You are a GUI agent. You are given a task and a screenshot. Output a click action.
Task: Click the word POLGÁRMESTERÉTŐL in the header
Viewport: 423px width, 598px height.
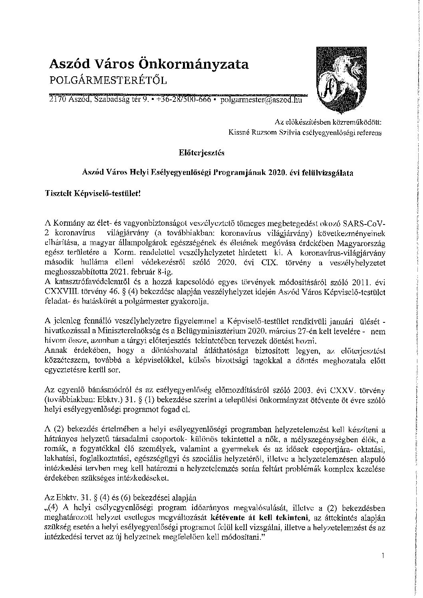point(107,81)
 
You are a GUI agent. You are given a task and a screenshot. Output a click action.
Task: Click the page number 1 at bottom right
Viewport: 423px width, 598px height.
point(383,555)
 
